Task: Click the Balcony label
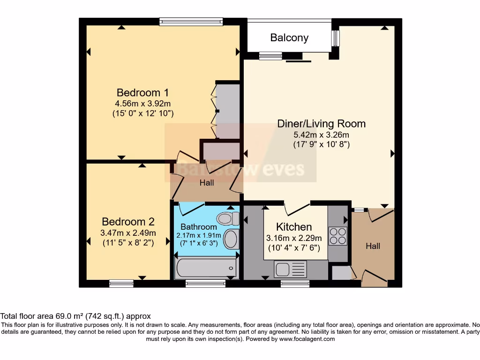289,38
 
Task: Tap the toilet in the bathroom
227,218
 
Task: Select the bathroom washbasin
231,239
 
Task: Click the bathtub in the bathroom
204,268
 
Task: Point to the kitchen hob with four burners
337,236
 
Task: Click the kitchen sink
290,270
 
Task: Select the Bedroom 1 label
136,92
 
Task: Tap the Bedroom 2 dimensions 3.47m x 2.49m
129,233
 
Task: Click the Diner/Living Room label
322,124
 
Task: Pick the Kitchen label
294,227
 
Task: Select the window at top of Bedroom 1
191,21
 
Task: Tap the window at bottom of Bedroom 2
121,283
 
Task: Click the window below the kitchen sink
295,283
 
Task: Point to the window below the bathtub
205,283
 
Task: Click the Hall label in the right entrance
373,246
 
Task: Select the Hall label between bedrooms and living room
207,183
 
